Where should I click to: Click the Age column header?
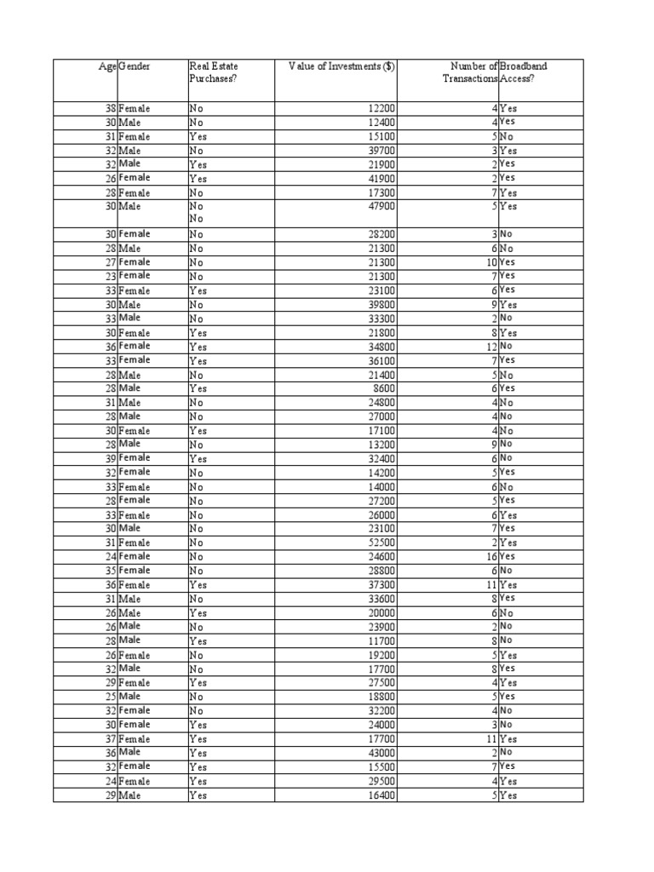click(108, 66)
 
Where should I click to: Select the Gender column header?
click(135, 66)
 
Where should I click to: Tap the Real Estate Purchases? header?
click(213, 72)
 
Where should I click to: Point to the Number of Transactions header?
click(466, 72)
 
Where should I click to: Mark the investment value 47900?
click(380, 206)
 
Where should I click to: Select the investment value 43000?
click(380, 753)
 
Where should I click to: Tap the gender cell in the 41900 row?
click(135, 178)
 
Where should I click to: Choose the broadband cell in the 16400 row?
click(508, 795)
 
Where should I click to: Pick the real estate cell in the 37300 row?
click(198, 585)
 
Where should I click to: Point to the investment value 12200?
click(380, 109)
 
